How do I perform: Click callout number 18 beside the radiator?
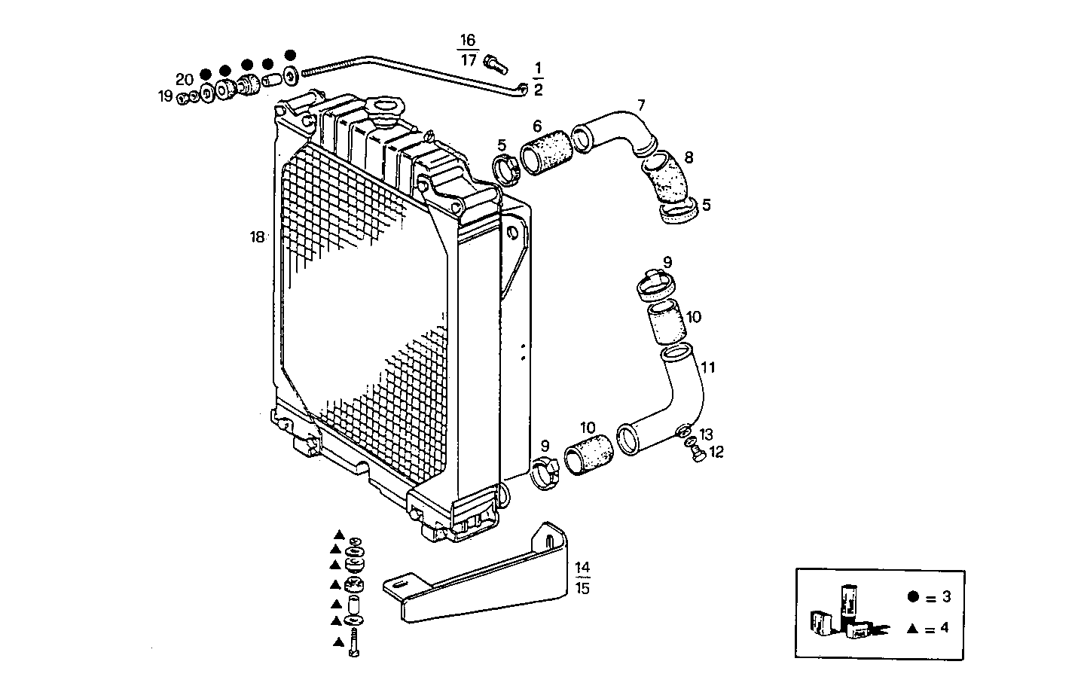[x=257, y=237]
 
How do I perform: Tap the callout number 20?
[x=184, y=79]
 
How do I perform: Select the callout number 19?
[x=165, y=96]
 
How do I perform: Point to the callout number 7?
[x=640, y=105]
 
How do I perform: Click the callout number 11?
[x=708, y=367]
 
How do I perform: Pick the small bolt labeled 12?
[x=697, y=454]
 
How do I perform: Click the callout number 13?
[x=705, y=434]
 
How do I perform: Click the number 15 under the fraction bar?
[x=582, y=588]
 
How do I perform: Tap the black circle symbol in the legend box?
[x=913, y=597]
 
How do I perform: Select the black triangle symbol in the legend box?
[x=913, y=627]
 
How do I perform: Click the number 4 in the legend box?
[x=944, y=627]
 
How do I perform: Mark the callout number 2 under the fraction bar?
[x=538, y=90]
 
